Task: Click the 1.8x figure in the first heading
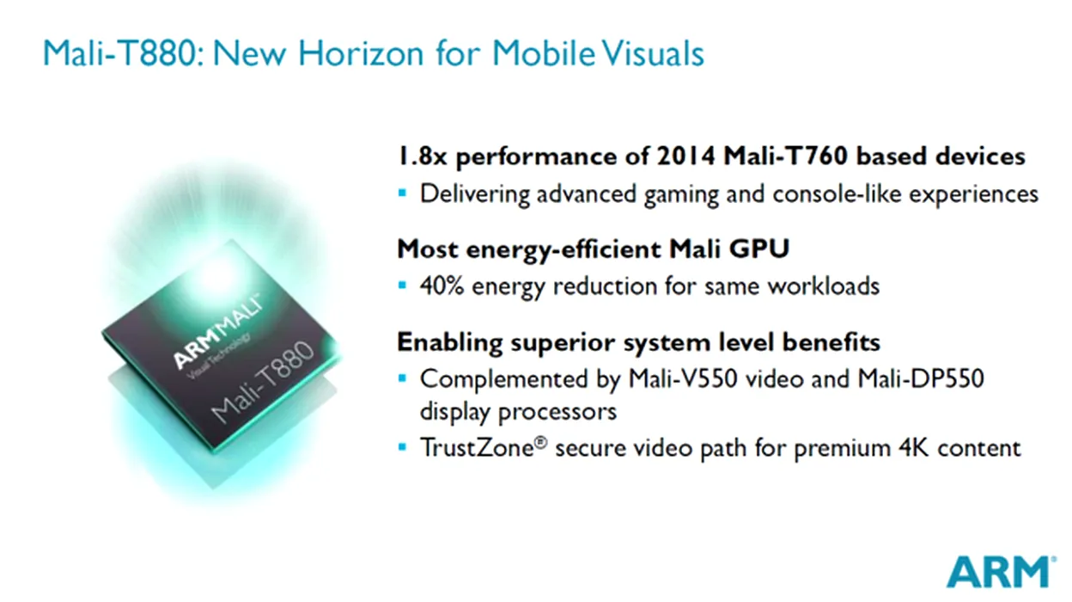(x=422, y=157)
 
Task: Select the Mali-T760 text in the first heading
(x=785, y=157)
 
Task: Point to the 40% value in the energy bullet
(x=442, y=286)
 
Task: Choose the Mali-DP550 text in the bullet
(x=921, y=378)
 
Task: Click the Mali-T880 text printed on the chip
(x=262, y=382)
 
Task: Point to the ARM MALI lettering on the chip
(x=218, y=332)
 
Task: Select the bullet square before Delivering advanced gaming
(x=402, y=193)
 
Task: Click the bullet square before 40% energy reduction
(x=402, y=286)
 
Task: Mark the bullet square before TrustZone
(x=402, y=447)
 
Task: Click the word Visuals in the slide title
(x=652, y=52)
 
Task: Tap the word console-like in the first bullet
(x=837, y=194)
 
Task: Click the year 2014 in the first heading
(x=685, y=157)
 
